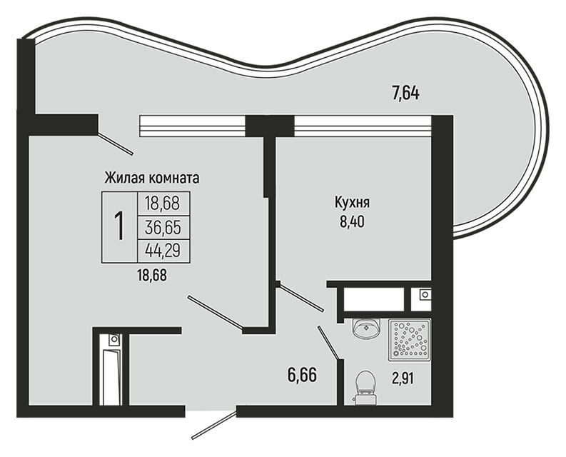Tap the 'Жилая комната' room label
coord(152,178)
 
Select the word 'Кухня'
coord(352,203)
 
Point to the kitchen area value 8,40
coord(352,221)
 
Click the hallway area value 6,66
coord(302,376)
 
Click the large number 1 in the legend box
coord(119,226)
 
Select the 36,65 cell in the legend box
coord(163,228)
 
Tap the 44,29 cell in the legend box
coord(163,250)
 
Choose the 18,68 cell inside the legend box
coord(163,204)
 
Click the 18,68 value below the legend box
coord(152,276)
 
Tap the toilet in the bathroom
coord(365,388)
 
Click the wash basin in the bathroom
coord(366,328)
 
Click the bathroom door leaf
coord(328,343)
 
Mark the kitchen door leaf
coord(302,298)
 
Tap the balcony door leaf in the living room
coord(116,144)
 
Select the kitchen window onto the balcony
coord(363,126)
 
